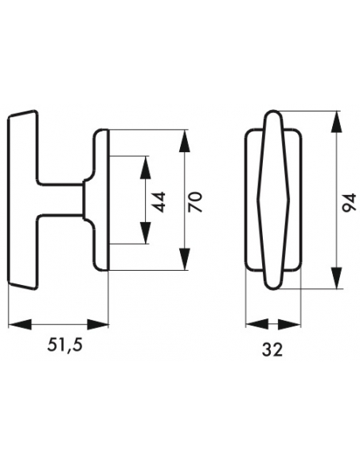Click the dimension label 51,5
(65, 345)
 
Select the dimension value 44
(160, 202)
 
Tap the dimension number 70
(195, 202)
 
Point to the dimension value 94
(349, 202)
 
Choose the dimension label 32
(272, 350)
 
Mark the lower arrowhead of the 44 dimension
(145, 232)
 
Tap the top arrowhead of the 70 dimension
(184, 141)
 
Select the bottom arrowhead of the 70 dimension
(184, 259)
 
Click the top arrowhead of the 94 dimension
(335, 122)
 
